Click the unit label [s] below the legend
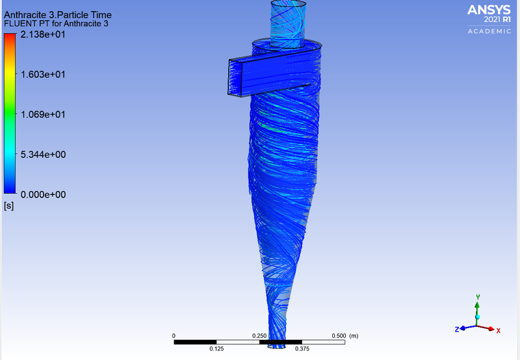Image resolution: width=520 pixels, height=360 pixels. tap(9, 206)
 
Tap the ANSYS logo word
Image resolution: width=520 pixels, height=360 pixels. tap(489, 9)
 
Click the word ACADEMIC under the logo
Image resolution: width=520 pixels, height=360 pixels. tap(489, 31)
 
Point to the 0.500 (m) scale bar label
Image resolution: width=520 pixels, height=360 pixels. tap(344, 336)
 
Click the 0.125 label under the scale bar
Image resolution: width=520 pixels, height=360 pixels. tap(216, 349)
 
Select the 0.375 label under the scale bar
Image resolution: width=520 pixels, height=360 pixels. tap(302, 349)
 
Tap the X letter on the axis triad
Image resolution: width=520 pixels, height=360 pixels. tap(498, 331)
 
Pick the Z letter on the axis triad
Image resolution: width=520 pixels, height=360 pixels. tap(458, 329)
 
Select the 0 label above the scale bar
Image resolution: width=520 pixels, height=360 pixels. tap(174, 336)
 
